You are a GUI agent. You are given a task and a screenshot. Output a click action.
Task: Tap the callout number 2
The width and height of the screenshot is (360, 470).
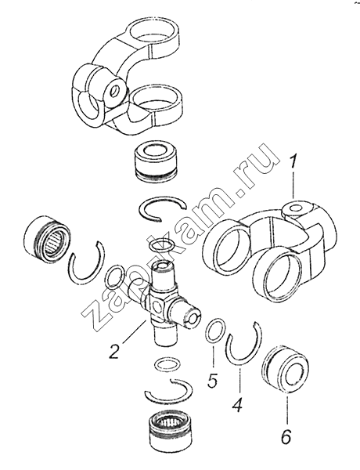pos(114,351)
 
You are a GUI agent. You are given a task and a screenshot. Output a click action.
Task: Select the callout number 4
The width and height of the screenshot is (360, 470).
pos(238,403)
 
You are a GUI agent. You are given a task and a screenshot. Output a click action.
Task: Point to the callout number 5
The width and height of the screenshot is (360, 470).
pos(212,380)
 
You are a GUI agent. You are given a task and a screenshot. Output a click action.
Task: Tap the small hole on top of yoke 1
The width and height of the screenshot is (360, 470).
pos(296,208)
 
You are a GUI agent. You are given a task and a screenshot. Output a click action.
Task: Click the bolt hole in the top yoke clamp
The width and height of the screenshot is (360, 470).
pos(114,90)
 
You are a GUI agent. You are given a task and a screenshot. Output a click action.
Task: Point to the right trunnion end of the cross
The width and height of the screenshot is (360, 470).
pos(193,318)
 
